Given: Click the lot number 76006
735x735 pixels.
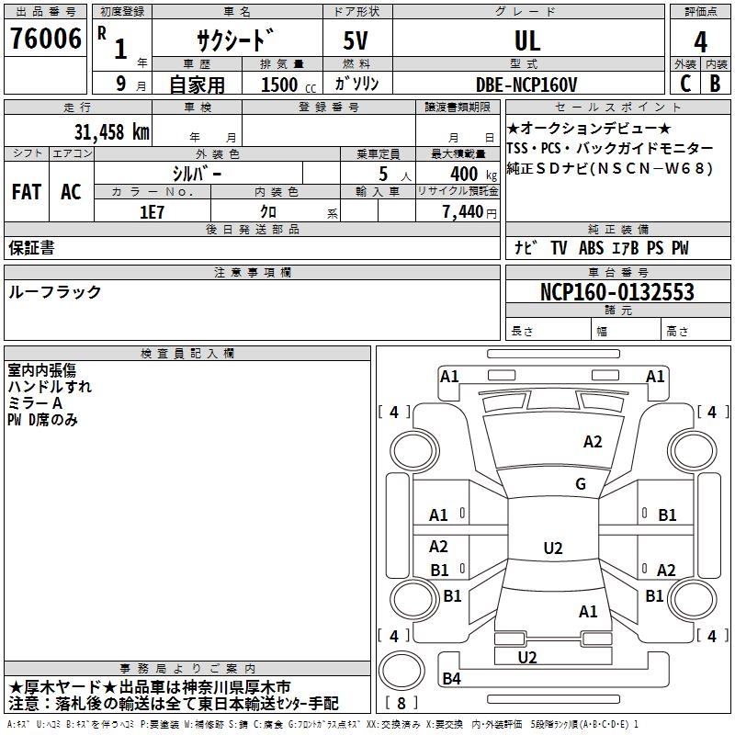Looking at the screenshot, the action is click(46, 39).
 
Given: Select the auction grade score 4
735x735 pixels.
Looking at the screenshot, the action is click(700, 41).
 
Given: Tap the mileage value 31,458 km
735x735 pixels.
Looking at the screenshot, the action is click(111, 132).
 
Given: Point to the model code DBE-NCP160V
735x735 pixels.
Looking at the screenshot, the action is click(526, 85).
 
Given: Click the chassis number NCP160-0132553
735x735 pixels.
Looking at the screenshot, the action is click(617, 291).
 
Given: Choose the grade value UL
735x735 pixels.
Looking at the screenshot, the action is click(527, 41).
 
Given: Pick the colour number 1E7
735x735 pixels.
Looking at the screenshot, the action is click(152, 212).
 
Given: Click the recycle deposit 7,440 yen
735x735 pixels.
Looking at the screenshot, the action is click(469, 212).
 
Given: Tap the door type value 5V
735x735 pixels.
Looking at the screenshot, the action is click(356, 40).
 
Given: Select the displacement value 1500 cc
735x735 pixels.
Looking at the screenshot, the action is click(288, 85).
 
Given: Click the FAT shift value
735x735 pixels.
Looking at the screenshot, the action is click(27, 192).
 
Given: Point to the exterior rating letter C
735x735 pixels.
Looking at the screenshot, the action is click(685, 84).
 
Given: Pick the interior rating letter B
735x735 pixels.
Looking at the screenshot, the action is click(715, 84).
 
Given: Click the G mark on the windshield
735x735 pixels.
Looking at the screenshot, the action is click(581, 483).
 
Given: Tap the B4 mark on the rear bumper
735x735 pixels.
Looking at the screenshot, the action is click(451, 678).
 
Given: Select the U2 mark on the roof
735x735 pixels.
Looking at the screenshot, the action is click(553, 548).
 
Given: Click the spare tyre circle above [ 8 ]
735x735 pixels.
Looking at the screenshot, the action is click(401, 671).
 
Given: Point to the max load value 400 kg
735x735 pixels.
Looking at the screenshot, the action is click(473, 174).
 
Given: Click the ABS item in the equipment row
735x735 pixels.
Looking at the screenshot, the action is click(591, 248).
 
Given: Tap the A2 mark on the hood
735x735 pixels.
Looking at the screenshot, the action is click(593, 442).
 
